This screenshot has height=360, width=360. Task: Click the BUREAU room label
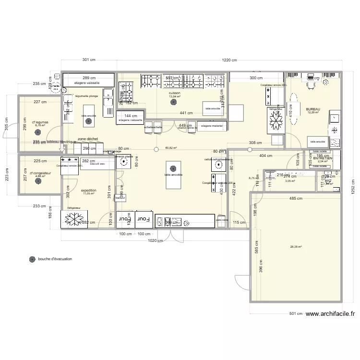312,109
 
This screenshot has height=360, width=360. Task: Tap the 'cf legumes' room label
38,122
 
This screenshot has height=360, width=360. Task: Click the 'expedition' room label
89,190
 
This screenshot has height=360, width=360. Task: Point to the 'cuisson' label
175,93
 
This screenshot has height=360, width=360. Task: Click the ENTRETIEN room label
323,158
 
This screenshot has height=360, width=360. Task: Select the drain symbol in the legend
32,259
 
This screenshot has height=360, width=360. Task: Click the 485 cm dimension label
296,198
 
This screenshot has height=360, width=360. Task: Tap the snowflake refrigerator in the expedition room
74,218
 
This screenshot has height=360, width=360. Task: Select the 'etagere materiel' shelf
212,126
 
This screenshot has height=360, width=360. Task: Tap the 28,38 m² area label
295,247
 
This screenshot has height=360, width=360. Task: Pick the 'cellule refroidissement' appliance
218,163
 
